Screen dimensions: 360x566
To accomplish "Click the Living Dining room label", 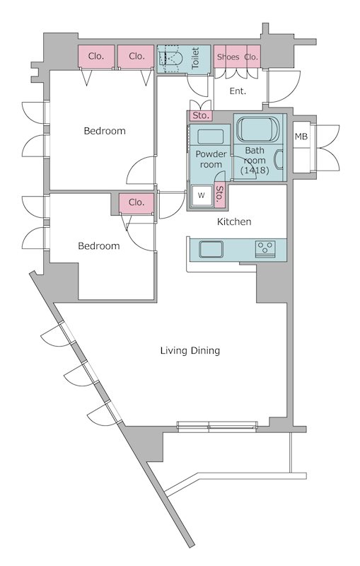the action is point(190,350).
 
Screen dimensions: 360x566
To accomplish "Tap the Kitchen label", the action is point(234,221).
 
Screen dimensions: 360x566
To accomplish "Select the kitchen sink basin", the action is point(211,249).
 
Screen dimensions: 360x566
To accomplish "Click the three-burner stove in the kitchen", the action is point(265,249).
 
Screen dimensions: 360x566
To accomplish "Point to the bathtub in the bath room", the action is point(258,129).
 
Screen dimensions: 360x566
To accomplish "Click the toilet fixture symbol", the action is point(170,59).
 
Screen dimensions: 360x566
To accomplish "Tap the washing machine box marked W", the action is point(202,196).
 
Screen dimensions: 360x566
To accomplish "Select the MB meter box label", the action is point(301,137).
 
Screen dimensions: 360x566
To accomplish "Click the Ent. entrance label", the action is point(238,91).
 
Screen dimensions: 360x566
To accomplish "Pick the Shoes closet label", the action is point(228,57).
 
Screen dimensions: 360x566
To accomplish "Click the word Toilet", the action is point(195,58).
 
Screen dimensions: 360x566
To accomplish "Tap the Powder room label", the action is point(211,159).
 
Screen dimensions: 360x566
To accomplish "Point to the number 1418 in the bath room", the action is point(255,171).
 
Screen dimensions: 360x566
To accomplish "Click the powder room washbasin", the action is point(211,137).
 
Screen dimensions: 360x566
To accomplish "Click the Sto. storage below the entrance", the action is point(201,115).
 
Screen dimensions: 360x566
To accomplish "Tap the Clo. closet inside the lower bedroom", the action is point(137,202).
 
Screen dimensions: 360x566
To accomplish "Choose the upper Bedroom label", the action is point(105,131).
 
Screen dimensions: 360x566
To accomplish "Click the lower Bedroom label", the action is point(99,246).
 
